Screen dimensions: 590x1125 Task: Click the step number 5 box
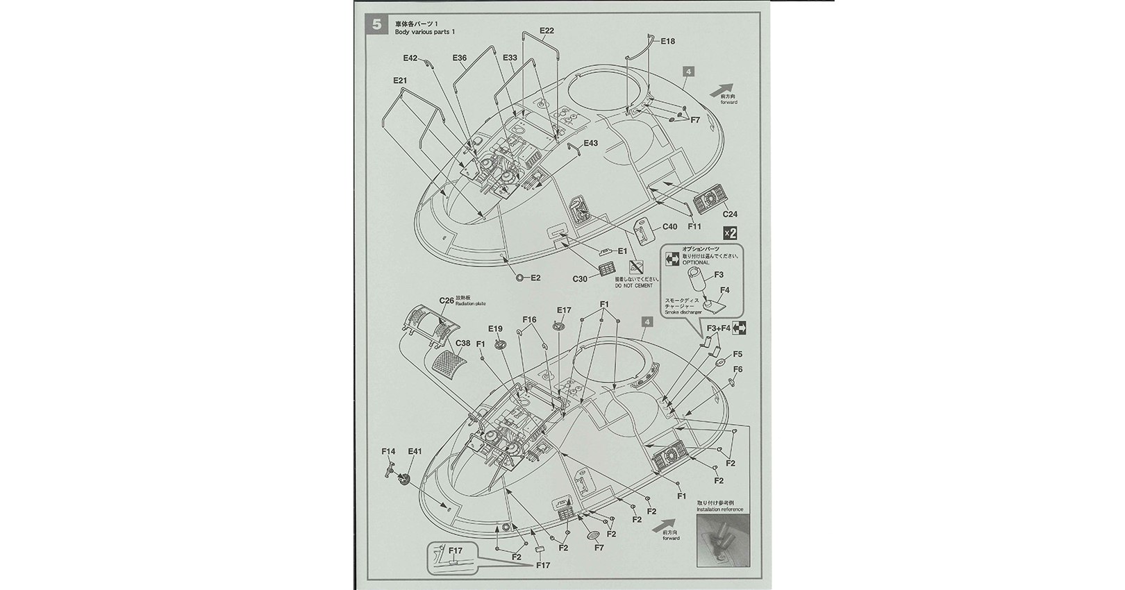376,25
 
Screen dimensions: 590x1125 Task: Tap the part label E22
547,31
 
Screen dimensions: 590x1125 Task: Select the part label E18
667,42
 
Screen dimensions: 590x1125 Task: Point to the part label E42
410,58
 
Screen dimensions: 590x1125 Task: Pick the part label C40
669,227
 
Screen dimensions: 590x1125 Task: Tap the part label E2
535,278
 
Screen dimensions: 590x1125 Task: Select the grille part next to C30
606,268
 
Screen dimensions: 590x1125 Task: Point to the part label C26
446,301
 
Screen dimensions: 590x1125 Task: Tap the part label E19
495,328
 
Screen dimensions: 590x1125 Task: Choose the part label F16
530,320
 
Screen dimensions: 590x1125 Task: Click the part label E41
415,451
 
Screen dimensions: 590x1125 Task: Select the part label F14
389,451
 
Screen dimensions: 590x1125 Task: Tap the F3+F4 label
718,328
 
